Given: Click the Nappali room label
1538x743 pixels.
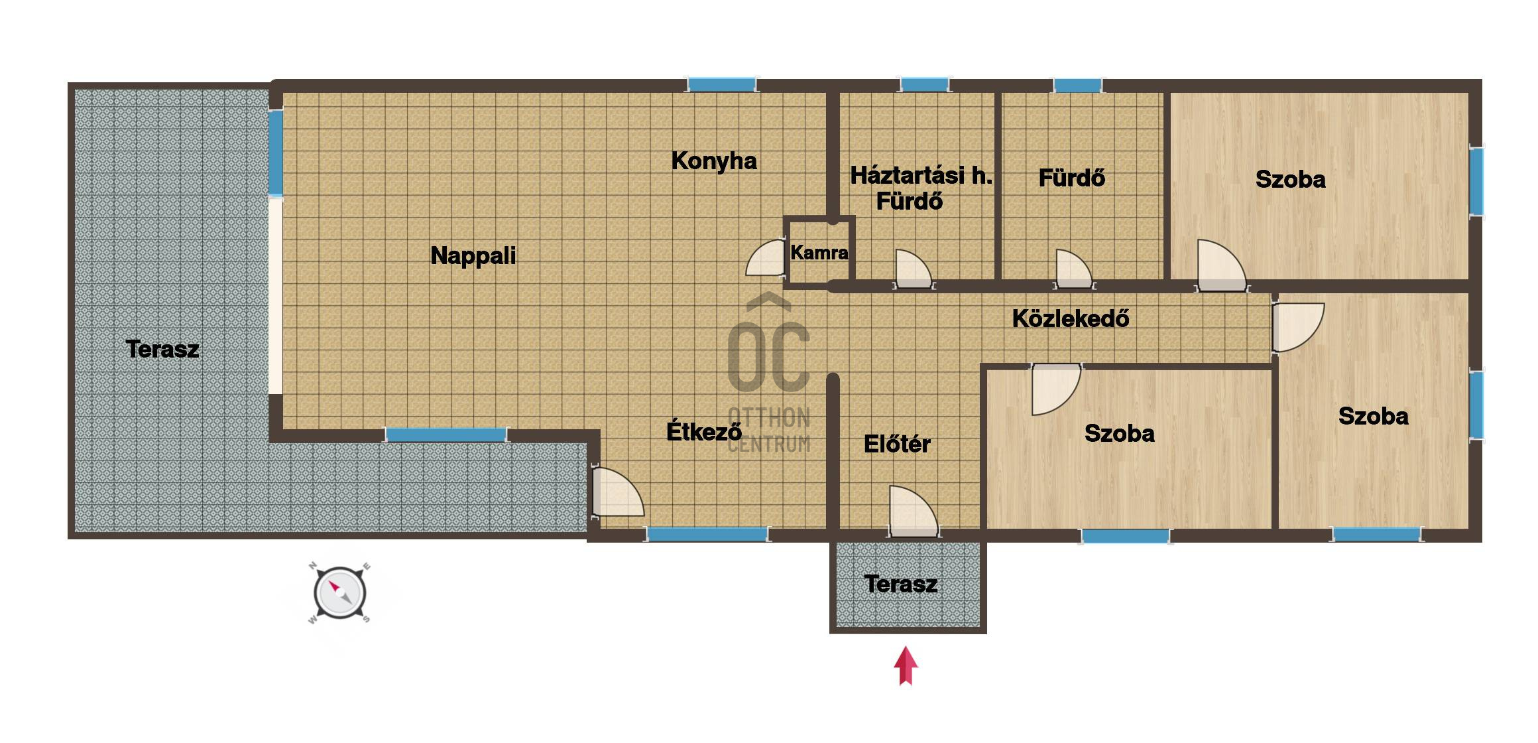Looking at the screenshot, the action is click(x=473, y=256).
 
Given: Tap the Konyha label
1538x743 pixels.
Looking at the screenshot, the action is click(x=714, y=161).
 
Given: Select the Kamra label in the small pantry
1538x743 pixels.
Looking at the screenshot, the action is click(x=819, y=252).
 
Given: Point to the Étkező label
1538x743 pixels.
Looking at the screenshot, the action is click(x=704, y=431).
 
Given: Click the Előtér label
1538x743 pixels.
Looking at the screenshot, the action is click(x=897, y=444).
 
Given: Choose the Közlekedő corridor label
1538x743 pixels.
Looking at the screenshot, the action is click(x=1071, y=318).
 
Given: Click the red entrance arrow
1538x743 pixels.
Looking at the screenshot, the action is click(x=906, y=666).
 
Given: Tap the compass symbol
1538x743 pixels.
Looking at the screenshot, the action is click(x=339, y=593).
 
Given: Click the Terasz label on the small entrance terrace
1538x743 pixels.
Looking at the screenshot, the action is click(x=901, y=584).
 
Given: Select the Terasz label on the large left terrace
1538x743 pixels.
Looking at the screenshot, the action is click(x=162, y=349).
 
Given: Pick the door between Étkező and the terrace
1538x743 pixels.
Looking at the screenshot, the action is click(x=617, y=492).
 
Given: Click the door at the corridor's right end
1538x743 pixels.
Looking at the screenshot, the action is click(x=1297, y=327).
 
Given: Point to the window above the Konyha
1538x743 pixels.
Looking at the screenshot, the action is click(x=721, y=84).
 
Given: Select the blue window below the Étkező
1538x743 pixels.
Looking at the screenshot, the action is click(x=707, y=534).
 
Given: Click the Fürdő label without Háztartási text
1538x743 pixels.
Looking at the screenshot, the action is click(x=1071, y=178).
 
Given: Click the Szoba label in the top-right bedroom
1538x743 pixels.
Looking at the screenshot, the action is click(x=1290, y=179).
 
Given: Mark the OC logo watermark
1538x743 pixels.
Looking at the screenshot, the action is click(x=769, y=371).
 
